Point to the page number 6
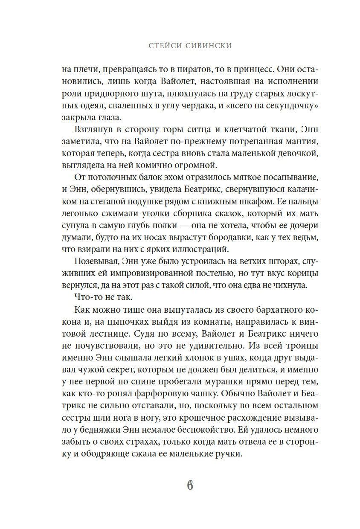pos(190,485)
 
